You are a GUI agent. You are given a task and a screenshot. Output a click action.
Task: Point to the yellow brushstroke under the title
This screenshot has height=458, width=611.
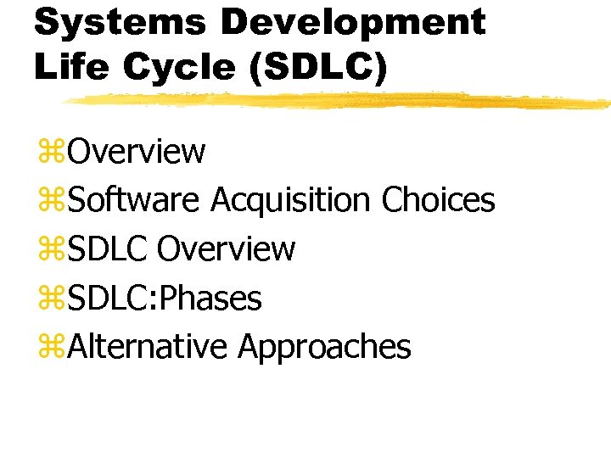point(339,100)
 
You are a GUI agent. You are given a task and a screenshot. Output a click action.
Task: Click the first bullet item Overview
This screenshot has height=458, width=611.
point(137,152)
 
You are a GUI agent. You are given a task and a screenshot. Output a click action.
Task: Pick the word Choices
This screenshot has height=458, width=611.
point(438,201)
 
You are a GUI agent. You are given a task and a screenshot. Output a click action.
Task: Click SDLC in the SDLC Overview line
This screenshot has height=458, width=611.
point(108,249)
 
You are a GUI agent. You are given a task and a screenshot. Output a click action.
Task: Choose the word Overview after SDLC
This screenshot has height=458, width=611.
point(227,249)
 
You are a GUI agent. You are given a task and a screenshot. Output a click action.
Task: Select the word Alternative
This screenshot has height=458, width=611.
point(148,347)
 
